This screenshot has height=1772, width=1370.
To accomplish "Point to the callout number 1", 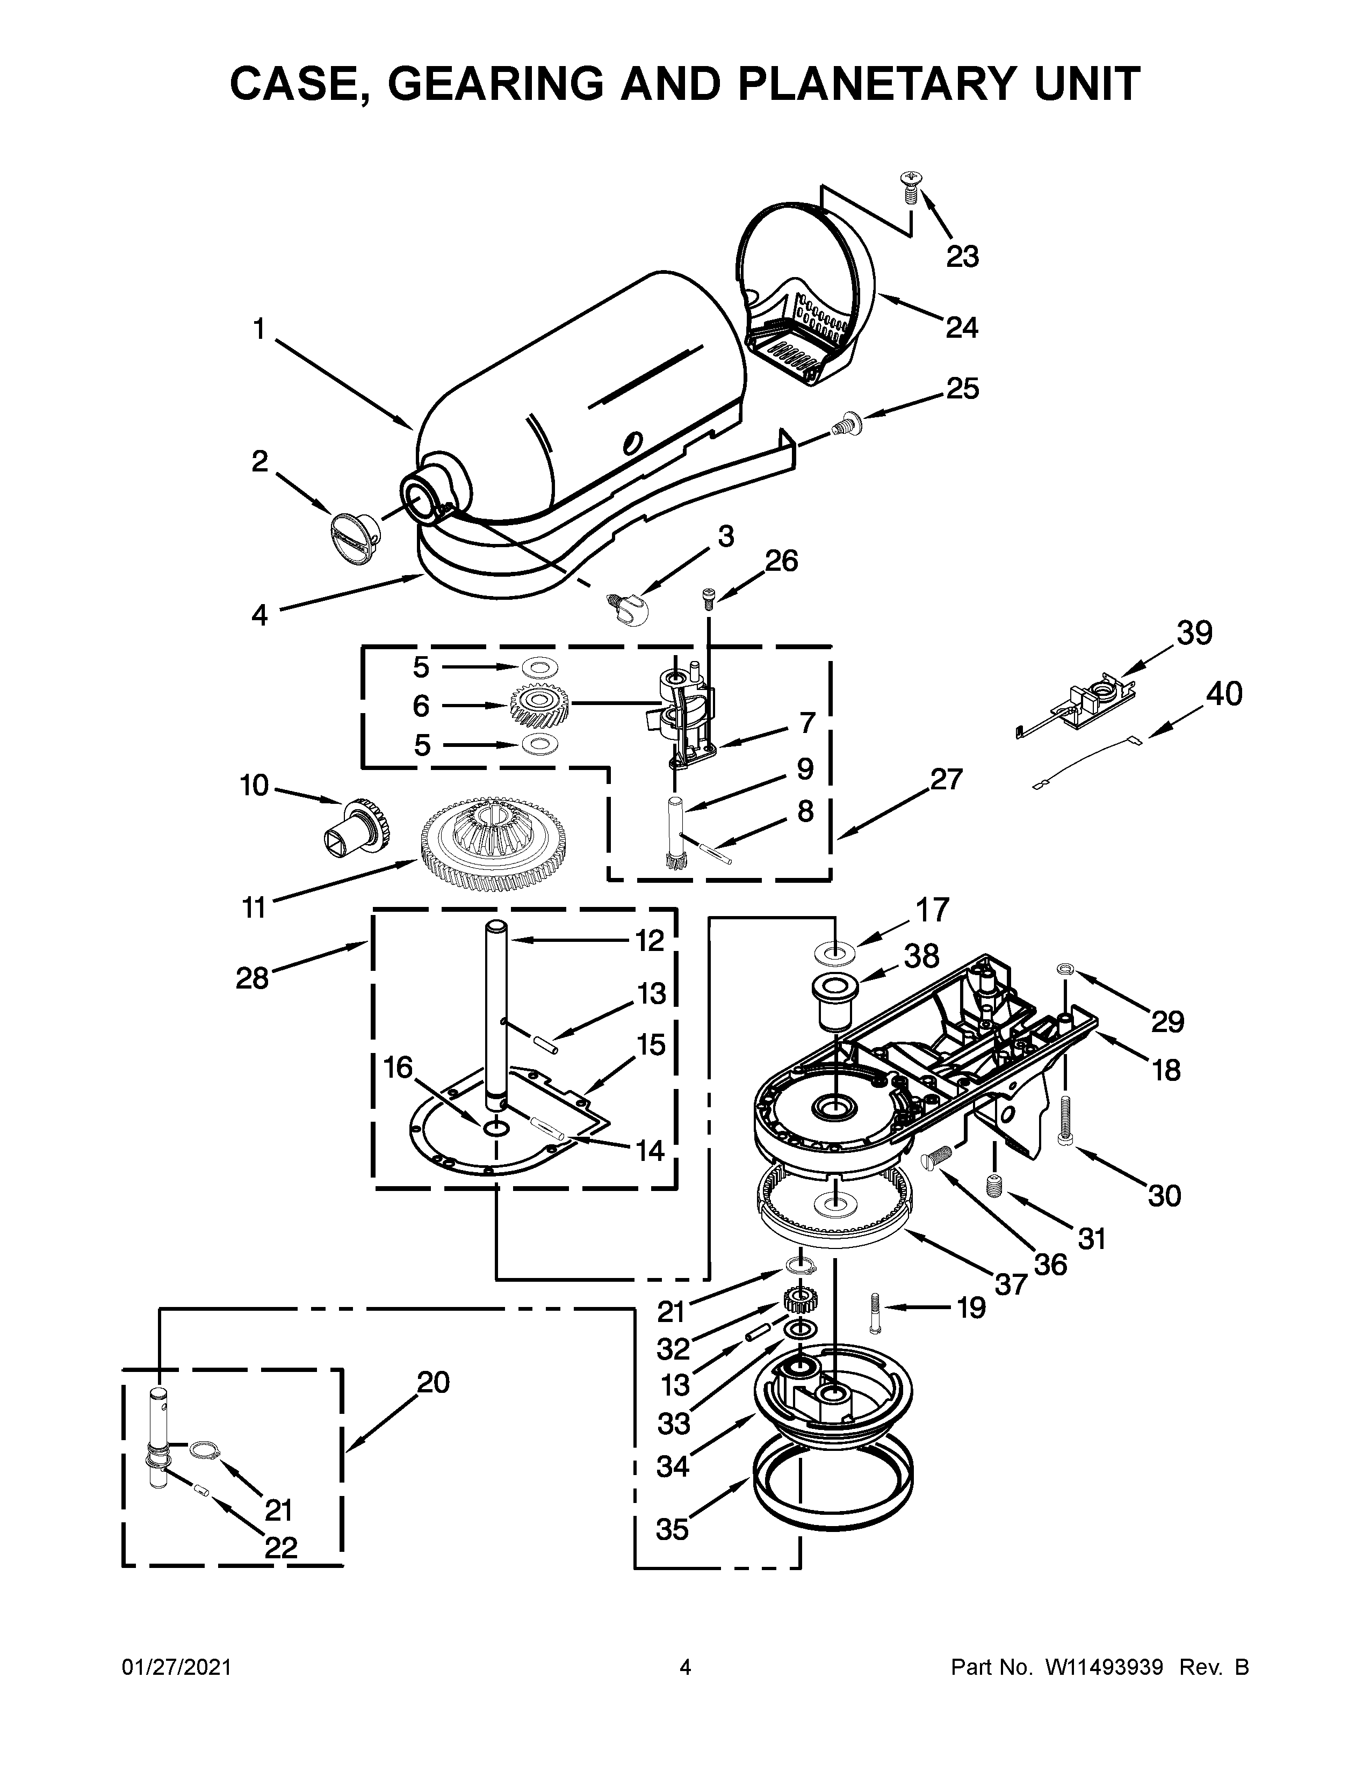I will pos(259,329).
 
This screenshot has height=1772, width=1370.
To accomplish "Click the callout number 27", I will pos(946,779).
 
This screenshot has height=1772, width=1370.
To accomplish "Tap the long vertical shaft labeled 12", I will pos(496,1014).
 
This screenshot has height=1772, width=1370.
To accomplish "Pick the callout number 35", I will pos(672,1529).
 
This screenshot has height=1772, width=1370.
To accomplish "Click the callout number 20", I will pos(434,1381).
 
